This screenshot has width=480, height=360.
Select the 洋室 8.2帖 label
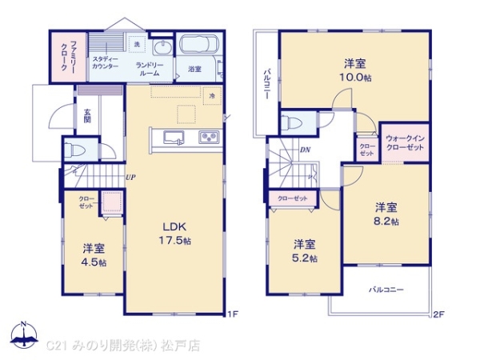coord(387,214)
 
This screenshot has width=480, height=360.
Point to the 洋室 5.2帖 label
coord(304,250)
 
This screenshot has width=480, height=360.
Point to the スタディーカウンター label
coord(105,62)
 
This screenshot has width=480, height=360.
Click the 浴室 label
coord(194,70)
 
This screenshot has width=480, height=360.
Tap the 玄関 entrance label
coord(86,116)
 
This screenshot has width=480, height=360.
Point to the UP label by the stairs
coord(130,178)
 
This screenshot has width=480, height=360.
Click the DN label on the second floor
coord(305,149)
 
